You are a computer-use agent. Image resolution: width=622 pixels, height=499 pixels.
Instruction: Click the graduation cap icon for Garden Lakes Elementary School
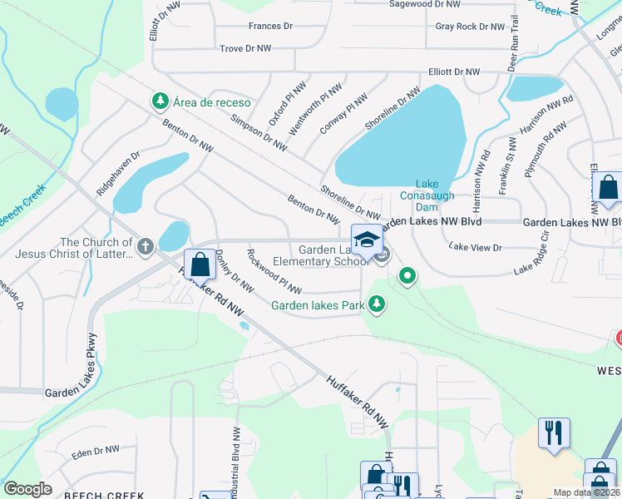pyautogui.click(x=367, y=240)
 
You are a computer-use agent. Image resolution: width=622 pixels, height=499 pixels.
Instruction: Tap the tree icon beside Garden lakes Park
pyautogui.click(x=378, y=305)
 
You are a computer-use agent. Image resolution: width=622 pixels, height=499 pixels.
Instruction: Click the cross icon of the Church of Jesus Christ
pyautogui.click(x=146, y=246)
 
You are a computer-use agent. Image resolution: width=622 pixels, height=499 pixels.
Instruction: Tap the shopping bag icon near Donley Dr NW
pyautogui.click(x=200, y=265)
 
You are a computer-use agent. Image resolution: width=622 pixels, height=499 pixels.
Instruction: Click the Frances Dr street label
pyautogui.click(x=270, y=27)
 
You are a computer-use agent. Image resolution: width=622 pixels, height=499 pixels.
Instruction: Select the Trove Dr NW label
pyautogui.click(x=245, y=49)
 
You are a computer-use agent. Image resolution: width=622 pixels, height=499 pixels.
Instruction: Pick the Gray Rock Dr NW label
pyautogui.click(x=470, y=27)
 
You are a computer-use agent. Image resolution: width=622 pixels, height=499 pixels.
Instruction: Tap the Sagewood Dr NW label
pyautogui.click(x=425, y=4)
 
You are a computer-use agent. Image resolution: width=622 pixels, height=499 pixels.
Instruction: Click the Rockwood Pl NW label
pyautogui.click(x=274, y=275)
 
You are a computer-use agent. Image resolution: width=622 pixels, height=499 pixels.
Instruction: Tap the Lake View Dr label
pyautogui.click(x=476, y=247)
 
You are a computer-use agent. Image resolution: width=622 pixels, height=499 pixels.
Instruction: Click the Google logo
pyautogui.click(x=27, y=489)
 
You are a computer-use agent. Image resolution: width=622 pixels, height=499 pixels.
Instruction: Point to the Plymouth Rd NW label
pyautogui.click(x=545, y=149)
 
